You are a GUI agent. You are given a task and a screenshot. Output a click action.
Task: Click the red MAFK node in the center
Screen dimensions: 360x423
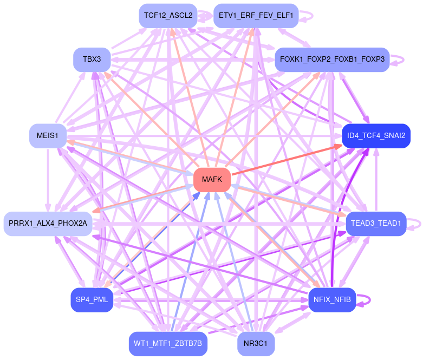tap(212, 180)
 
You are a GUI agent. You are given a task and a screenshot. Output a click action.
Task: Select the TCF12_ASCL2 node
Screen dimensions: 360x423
tap(168, 16)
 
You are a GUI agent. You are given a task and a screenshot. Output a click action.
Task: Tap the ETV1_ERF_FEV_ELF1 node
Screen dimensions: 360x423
tap(256, 16)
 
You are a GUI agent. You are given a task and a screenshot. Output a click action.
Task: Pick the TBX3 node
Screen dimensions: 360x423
tap(92, 59)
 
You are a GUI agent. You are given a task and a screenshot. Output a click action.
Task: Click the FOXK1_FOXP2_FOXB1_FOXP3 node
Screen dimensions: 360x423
tap(332, 59)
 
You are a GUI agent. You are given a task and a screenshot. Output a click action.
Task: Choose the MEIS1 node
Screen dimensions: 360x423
tap(48, 135)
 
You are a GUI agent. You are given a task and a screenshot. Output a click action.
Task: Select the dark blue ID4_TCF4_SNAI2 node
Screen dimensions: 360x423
tap(376, 135)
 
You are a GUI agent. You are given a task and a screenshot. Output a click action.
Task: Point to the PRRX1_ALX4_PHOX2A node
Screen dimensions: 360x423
tap(48, 224)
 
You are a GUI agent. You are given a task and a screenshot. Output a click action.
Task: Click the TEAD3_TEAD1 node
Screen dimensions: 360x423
tap(376, 223)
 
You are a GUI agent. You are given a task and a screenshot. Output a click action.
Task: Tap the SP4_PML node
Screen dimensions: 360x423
tap(92, 299)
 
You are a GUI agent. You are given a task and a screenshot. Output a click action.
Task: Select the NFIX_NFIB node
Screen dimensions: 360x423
tap(332, 299)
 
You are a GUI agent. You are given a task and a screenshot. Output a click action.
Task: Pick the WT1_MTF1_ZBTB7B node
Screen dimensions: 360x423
tap(168, 343)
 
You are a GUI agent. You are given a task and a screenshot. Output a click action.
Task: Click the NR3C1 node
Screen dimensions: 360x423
tap(256, 343)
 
